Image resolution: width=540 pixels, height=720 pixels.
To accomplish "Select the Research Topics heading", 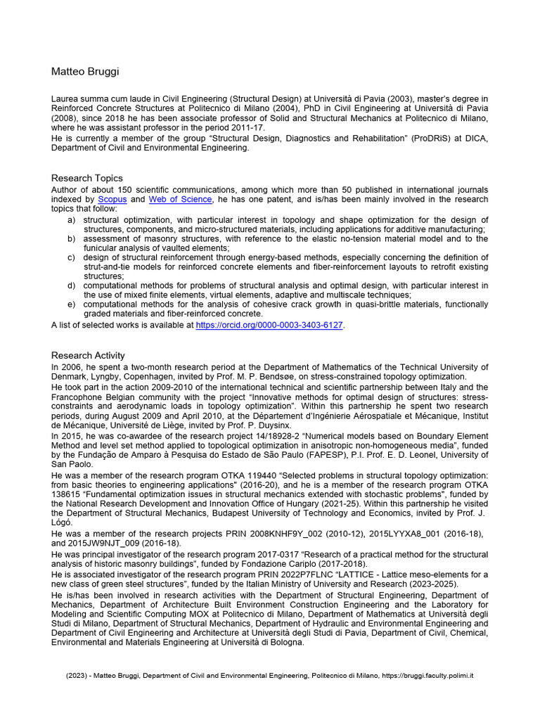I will pyautogui.click(x=87, y=178).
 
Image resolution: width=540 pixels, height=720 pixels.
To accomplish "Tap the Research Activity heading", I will pyautogui.click(x=88, y=355).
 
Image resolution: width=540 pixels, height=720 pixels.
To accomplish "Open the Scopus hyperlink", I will pyautogui.click(x=112, y=200).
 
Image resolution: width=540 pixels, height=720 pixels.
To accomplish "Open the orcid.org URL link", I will pyautogui.click(x=270, y=326).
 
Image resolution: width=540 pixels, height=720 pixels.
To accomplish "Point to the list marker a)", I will pyautogui.click(x=71, y=220).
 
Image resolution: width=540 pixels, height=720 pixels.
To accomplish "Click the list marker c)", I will pyautogui.click(x=71, y=257).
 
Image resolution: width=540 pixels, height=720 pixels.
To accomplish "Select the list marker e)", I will pyautogui.click(x=71, y=304).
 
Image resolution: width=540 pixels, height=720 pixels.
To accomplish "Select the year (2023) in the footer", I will pyautogui.click(x=77, y=675).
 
